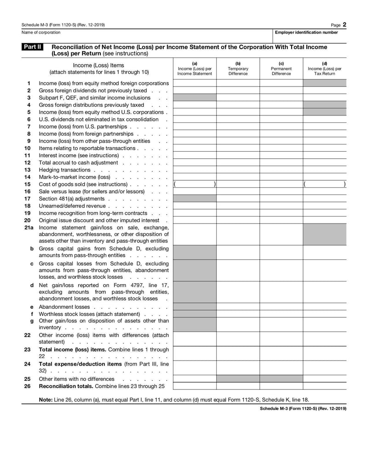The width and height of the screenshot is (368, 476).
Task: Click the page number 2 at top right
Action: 344,24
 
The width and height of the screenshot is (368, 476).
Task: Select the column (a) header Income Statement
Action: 195,69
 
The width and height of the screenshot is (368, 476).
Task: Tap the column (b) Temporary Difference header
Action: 238,69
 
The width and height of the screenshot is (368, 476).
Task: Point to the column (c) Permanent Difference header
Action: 281,69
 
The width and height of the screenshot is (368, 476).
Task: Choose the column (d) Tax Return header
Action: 324,69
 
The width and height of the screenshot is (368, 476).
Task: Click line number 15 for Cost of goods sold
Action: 28,184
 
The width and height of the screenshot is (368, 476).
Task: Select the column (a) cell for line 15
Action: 195,184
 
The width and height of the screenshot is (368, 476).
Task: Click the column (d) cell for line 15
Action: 324,184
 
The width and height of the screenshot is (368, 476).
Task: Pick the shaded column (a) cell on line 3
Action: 195,97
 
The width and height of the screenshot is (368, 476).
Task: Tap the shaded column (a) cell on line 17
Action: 195,198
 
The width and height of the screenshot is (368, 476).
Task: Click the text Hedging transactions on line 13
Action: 64,170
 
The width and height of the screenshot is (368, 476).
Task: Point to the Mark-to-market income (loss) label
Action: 75,177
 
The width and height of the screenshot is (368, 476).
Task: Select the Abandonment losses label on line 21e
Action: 64,307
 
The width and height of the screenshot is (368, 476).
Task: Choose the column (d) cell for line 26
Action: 324,386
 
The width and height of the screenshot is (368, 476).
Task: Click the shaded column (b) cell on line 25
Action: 238,379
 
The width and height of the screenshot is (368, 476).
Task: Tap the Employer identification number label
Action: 306,33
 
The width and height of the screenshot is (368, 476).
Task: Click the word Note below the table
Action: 45,400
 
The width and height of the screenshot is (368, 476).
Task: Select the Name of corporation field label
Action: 41,33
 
